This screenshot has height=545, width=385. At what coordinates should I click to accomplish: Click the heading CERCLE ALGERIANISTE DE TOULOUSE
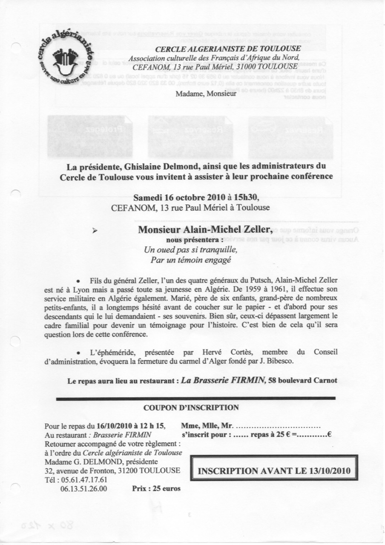[228, 49]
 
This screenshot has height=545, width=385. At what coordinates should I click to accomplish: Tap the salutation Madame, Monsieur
[206, 94]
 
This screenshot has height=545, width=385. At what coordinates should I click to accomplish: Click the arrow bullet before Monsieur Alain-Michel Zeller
[95, 230]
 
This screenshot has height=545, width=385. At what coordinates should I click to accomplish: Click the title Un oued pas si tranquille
[190, 250]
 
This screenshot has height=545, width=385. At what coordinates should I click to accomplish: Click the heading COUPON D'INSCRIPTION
[191, 407]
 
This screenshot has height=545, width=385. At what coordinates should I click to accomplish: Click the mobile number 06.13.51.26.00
[84, 489]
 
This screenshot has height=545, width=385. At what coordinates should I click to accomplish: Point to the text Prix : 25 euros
[156, 488]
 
